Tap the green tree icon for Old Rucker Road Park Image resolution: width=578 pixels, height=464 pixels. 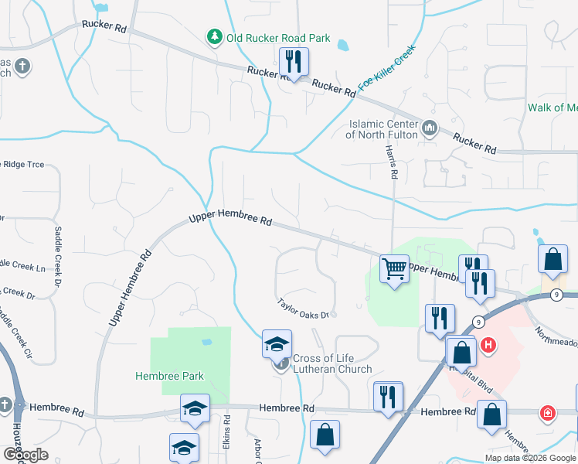(214, 37)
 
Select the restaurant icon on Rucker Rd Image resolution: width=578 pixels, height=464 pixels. (294, 61)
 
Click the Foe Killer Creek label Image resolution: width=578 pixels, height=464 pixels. (387, 69)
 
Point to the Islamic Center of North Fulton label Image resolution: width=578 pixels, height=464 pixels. (383, 129)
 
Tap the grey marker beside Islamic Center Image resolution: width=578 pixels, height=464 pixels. (430, 127)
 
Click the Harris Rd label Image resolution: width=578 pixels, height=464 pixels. (393, 165)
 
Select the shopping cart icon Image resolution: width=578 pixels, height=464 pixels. (395, 270)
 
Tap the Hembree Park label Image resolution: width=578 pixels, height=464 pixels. (169, 376)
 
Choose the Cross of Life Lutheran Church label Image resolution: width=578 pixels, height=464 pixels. (332, 363)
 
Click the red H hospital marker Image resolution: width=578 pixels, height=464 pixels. (488, 345)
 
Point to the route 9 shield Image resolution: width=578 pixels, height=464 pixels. (479, 322)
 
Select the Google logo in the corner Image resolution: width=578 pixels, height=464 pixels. (25, 455)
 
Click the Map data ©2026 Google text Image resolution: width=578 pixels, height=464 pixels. (529, 458)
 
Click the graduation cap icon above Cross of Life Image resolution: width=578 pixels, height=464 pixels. (277, 345)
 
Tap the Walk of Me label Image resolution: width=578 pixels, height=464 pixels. (552, 107)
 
